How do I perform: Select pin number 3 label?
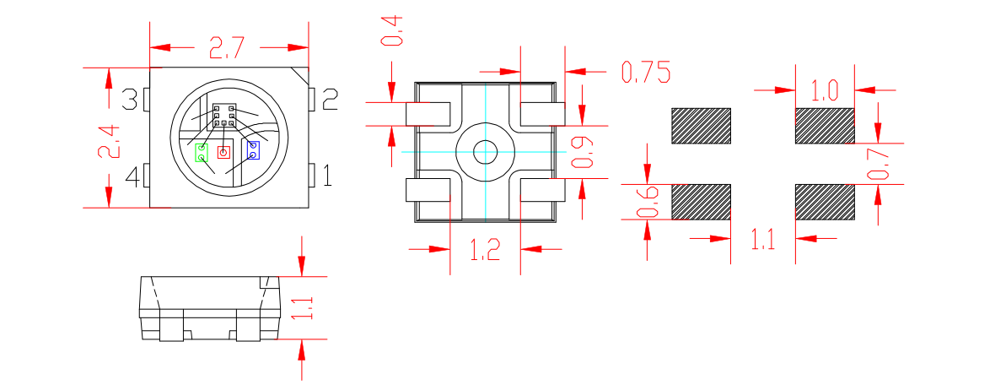[x=130, y=100]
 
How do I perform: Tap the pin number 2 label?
[x=330, y=100]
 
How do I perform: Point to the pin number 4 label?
[x=132, y=177]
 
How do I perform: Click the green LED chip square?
[x=202, y=153]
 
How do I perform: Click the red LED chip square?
[x=223, y=153]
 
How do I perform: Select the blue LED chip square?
[x=252, y=150]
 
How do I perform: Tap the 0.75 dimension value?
[x=645, y=73]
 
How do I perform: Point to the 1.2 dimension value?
[x=484, y=250]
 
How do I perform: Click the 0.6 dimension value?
[x=648, y=202]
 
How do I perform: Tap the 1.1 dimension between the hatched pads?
[x=762, y=241]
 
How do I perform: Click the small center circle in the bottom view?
[x=485, y=152]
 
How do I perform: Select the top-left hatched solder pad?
[x=701, y=125]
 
